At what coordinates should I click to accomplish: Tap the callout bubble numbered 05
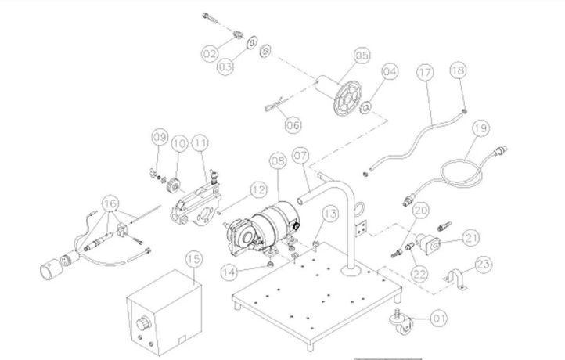361,56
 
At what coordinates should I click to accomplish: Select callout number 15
193,259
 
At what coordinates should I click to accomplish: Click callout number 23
484,265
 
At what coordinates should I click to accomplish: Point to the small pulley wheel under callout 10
175,186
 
